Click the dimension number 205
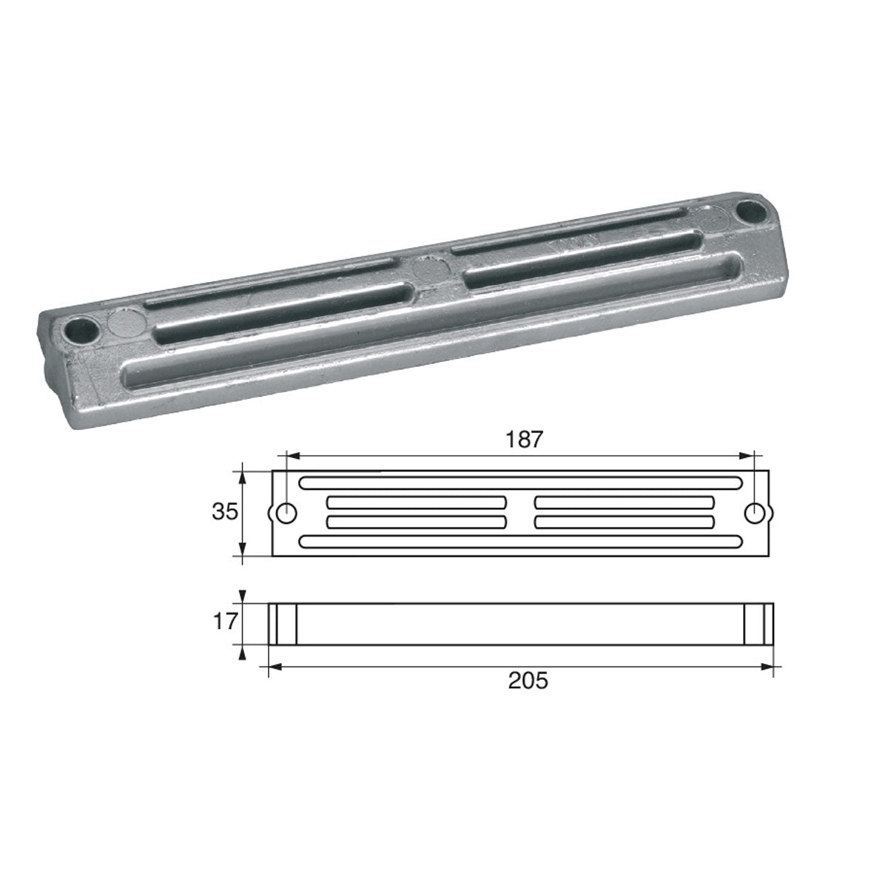pyautogui.click(x=528, y=682)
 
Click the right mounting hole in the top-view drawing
pyautogui.click(x=755, y=512)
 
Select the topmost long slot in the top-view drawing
pyautogui.click(x=521, y=483)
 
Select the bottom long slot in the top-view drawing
pyautogui.click(x=521, y=542)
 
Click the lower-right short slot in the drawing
pyautogui.click(x=625, y=522)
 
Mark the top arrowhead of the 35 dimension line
pyautogui.click(x=242, y=474)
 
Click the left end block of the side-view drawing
pyautogui.click(x=282, y=624)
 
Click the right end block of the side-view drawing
pyautogui.click(x=758, y=624)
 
